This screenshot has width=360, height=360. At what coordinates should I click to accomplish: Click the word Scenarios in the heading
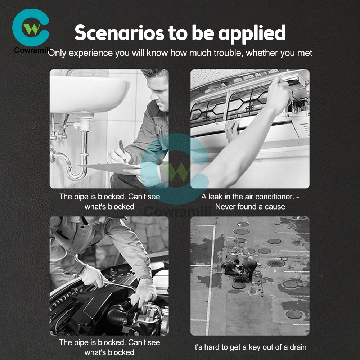point(120,33)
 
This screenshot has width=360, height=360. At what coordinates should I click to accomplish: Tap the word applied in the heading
point(252,34)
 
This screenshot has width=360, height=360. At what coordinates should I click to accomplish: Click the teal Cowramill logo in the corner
point(31,28)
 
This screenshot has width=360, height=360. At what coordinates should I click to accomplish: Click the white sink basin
point(90,94)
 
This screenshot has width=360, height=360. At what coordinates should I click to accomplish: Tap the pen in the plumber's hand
point(122,149)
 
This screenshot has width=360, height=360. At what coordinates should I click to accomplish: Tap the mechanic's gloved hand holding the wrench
point(92,276)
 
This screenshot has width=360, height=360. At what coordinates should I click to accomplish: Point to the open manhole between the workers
point(241,280)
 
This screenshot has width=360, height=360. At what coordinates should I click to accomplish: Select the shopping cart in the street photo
point(232,246)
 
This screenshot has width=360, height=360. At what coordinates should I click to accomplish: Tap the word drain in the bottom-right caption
point(298,347)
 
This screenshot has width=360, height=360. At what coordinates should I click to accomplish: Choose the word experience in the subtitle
point(91,53)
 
